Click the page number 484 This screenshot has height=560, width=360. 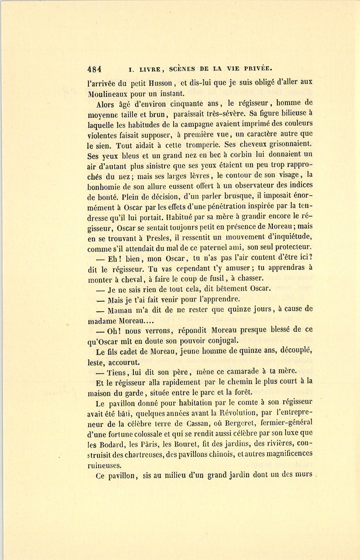(x=94, y=69)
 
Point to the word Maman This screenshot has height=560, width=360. (x=120, y=310)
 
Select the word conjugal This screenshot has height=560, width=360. (x=223, y=341)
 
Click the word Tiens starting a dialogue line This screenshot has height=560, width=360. (x=117, y=372)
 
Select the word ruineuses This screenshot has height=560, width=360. (x=104, y=465)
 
